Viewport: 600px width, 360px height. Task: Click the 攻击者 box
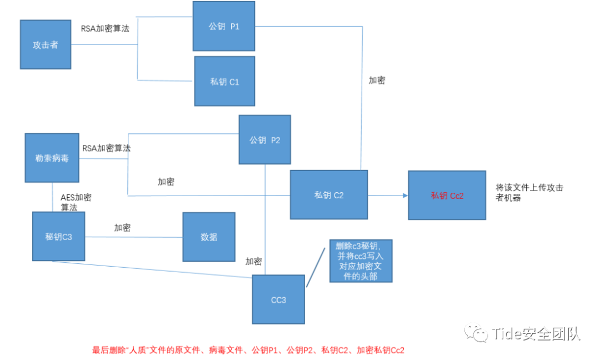pyautogui.click(x=46, y=44)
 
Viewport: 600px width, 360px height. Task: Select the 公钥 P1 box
pyautogui.click(x=224, y=26)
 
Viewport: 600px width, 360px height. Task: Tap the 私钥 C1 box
pyautogui.click(x=224, y=81)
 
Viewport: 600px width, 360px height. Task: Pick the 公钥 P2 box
pyautogui.click(x=264, y=139)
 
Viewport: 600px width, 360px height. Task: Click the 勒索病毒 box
pyautogui.click(x=52, y=157)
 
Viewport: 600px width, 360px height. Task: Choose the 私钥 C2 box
pyautogui.click(x=328, y=194)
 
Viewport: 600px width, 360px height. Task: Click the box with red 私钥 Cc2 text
pyautogui.click(x=447, y=195)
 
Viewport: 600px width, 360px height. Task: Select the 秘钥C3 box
pyautogui.click(x=59, y=236)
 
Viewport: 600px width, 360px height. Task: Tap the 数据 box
pyautogui.click(x=209, y=237)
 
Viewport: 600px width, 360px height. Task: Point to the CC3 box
pyautogui.click(x=278, y=299)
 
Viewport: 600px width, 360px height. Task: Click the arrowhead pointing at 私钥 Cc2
pyautogui.click(x=404, y=195)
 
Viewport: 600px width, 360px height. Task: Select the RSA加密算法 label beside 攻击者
pyautogui.click(x=105, y=28)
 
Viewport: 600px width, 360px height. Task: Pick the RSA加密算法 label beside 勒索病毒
pyautogui.click(x=107, y=148)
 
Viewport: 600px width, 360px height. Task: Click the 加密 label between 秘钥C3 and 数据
pyautogui.click(x=122, y=228)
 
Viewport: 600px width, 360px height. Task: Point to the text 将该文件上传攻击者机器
pyautogui.click(x=529, y=192)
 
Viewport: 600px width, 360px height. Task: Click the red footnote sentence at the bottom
pyautogui.click(x=248, y=350)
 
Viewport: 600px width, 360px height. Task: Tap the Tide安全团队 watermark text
pyautogui.click(x=536, y=333)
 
